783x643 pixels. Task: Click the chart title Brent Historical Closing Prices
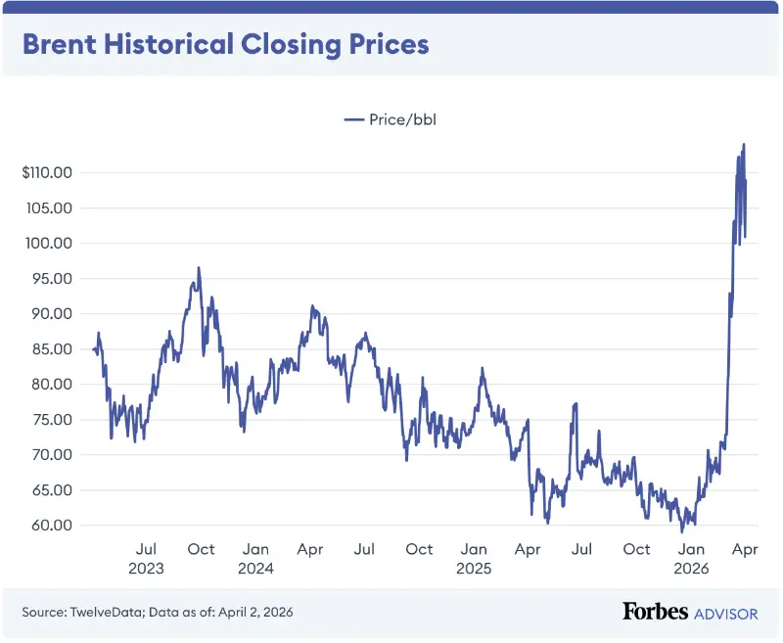pyautogui.click(x=226, y=45)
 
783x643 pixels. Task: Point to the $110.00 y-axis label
pyautogui.click(x=48, y=173)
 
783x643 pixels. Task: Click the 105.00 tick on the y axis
pyautogui.click(x=52, y=208)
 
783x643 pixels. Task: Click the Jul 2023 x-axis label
pyautogui.click(x=146, y=558)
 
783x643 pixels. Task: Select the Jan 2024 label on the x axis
pyautogui.click(x=255, y=558)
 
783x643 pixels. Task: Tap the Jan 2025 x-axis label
pyautogui.click(x=474, y=558)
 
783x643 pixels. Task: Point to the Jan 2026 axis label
pyautogui.click(x=692, y=558)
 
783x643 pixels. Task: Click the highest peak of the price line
pyautogui.click(x=744, y=144)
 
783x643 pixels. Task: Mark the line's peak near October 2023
pyautogui.click(x=199, y=267)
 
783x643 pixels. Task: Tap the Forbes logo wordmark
pyautogui.click(x=655, y=612)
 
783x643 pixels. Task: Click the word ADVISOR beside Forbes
pyautogui.click(x=725, y=613)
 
